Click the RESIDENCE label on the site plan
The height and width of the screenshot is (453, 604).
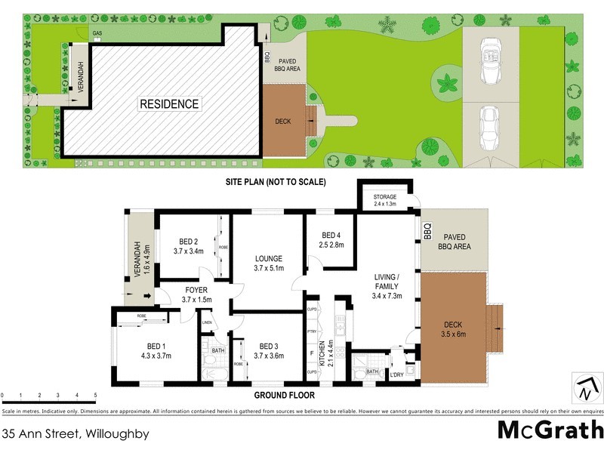[169, 104]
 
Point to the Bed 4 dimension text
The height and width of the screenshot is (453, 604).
[332, 245]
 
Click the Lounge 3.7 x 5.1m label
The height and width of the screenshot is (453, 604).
[268, 262]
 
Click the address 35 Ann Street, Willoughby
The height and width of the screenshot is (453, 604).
[75, 433]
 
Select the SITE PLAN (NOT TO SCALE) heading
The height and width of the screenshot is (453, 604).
[275, 182]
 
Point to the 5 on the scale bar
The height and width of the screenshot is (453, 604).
[96, 395]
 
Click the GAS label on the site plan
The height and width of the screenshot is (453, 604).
[97, 34]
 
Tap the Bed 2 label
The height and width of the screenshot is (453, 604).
[188, 246]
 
